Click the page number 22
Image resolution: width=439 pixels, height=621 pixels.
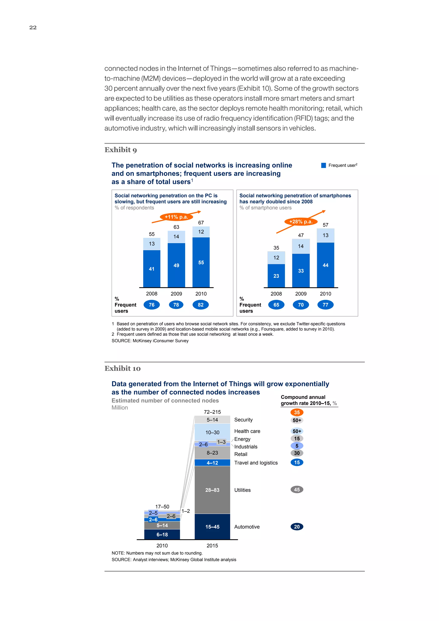click(33, 27)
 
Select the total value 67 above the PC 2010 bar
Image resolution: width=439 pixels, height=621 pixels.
click(201, 223)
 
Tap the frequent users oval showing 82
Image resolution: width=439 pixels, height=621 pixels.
click(201, 305)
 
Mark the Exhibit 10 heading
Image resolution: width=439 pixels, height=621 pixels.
click(122, 368)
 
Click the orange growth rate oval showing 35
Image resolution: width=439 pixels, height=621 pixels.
click(297, 412)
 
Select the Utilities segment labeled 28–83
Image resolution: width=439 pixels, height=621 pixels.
click(212, 490)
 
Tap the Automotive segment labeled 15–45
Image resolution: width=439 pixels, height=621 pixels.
click(212, 527)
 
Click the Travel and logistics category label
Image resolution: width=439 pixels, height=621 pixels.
click(256, 463)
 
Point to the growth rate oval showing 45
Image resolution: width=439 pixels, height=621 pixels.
click(297, 490)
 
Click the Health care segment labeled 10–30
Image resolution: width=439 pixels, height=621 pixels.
click(212, 432)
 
